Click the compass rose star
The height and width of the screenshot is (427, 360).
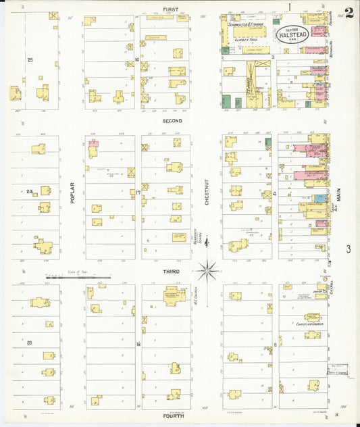[207, 271]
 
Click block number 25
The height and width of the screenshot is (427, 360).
[30, 60]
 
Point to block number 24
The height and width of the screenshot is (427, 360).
[29, 192]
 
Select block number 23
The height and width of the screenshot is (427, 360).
[29, 343]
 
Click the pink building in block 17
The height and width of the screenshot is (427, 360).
[93, 143]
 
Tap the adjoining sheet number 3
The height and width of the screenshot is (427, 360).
[349, 249]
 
